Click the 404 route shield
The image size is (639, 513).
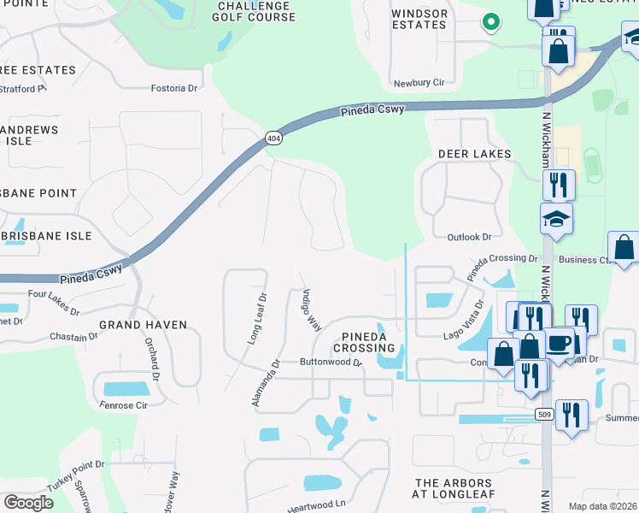(x=273, y=138)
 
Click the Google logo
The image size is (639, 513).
(x=28, y=503)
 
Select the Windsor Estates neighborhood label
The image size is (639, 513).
(x=419, y=19)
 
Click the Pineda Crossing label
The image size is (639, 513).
(x=365, y=342)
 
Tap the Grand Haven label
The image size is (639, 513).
(x=143, y=325)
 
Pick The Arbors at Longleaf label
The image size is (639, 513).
(x=455, y=489)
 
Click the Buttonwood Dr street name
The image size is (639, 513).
(x=331, y=363)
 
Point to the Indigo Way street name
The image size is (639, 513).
(x=310, y=310)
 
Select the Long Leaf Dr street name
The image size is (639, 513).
(x=257, y=318)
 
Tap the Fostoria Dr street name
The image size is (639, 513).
(x=174, y=87)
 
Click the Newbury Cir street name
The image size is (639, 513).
(x=419, y=83)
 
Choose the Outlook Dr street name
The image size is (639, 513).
(x=470, y=237)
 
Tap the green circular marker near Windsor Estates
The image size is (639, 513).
(x=490, y=22)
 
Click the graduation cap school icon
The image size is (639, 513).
(x=556, y=220)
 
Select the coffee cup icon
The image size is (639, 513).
(x=560, y=343)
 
